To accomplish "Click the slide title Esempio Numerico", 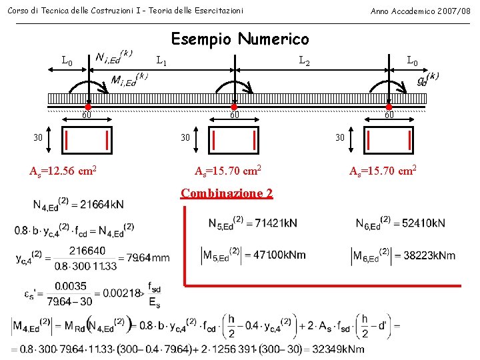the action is (240, 40).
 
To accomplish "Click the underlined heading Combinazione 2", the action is (227, 193).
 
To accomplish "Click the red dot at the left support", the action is (87, 107).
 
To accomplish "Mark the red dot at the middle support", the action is (234, 107).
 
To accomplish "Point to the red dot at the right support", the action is (389, 107).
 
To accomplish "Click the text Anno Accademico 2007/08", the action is (420, 11).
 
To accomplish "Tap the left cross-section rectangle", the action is (87, 140).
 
